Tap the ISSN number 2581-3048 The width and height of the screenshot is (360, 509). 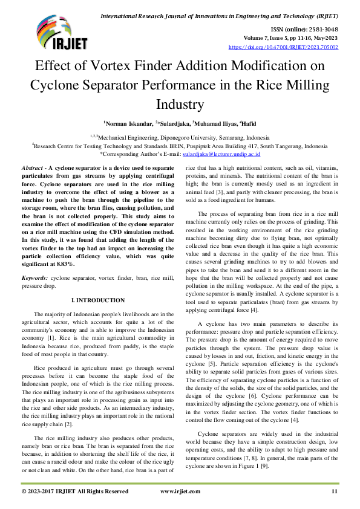[324, 28]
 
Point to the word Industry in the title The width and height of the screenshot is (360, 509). [180, 104]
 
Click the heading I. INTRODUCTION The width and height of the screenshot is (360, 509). [98, 300]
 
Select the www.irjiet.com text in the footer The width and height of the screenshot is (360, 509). [180, 492]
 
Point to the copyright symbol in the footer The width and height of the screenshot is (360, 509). [24, 492]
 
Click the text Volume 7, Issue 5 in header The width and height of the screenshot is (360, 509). [283, 37]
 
